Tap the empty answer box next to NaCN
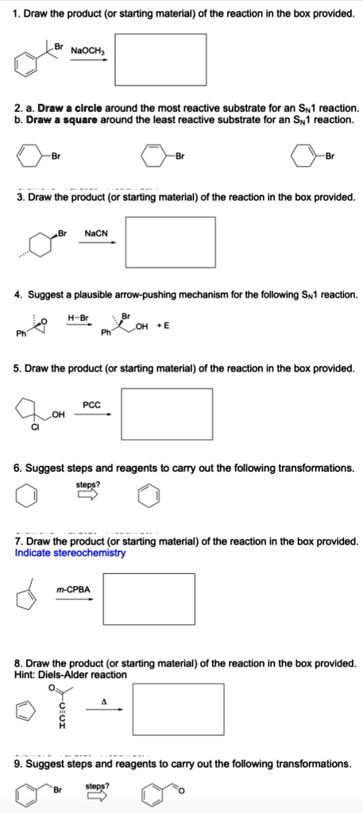(169, 242)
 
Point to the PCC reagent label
(91, 404)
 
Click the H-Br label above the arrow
(79, 317)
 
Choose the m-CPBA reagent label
(74, 588)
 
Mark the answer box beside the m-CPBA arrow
(149, 599)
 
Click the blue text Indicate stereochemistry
(70, 553)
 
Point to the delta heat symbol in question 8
(103, 699)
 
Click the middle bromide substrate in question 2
(155, 156)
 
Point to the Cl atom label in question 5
(33, 429)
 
